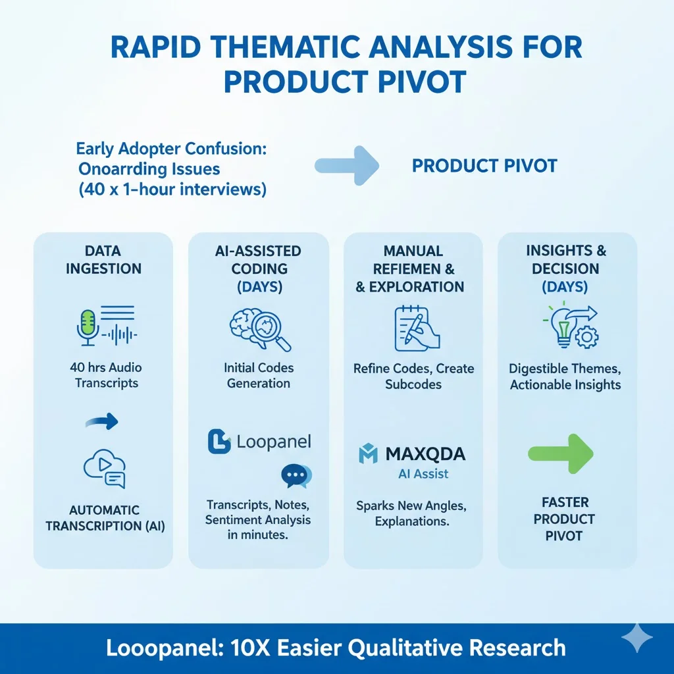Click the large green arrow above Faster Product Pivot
coord(561,454)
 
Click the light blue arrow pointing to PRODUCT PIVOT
coord(346,165)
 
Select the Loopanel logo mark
coord(219,442)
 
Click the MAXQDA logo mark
coord(368,454)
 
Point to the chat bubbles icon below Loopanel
coord(296,476)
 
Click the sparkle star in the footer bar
coord(636,638)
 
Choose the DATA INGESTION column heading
coord(103,259)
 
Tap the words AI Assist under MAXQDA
coord(423,474)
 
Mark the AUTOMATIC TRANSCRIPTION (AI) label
coord(104,517)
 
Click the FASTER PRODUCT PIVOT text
coord(564,519)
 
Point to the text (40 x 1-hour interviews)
coord(172,190)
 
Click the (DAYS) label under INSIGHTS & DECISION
coord(565,286)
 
